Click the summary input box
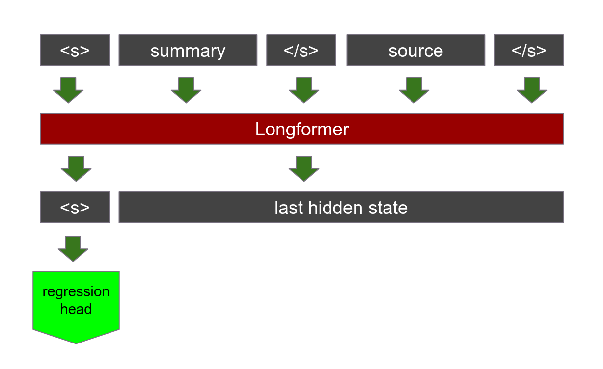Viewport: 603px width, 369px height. click(x=188, y=51)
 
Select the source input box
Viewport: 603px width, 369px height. click(x=415, y=51)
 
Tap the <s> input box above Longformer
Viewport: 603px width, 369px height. click(x=75, y=51)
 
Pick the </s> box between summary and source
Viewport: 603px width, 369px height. click(x=301, y=51)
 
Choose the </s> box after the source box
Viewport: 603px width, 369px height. click(x=528, y=51)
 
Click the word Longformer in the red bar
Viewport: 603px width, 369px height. click(x=301, y=129)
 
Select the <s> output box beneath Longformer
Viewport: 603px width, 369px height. click(x=75, y=208)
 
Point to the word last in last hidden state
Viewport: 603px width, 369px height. click(x=289, y=208)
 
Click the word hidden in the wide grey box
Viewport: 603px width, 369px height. click(x=334, y=208)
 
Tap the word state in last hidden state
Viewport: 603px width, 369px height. click(x=387, y=208)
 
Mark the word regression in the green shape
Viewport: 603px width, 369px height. click(x=76, y=291)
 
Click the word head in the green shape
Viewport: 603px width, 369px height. click(x=76, y=309)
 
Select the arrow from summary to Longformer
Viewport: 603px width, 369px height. click(x=186, y=89)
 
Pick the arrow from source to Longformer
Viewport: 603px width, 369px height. click(x=414, y=89)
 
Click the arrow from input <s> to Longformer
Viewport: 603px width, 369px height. click(x=68, y=89)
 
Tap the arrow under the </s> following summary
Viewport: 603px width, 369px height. click(x=304, y=89)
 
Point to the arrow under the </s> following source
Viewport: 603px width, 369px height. click(x=532, y=89)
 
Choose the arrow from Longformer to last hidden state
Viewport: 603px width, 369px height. click(x=304, y=168)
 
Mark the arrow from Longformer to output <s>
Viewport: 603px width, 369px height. click(x=76, y=168)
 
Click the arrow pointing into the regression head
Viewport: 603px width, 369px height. click(x=73, y=248)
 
